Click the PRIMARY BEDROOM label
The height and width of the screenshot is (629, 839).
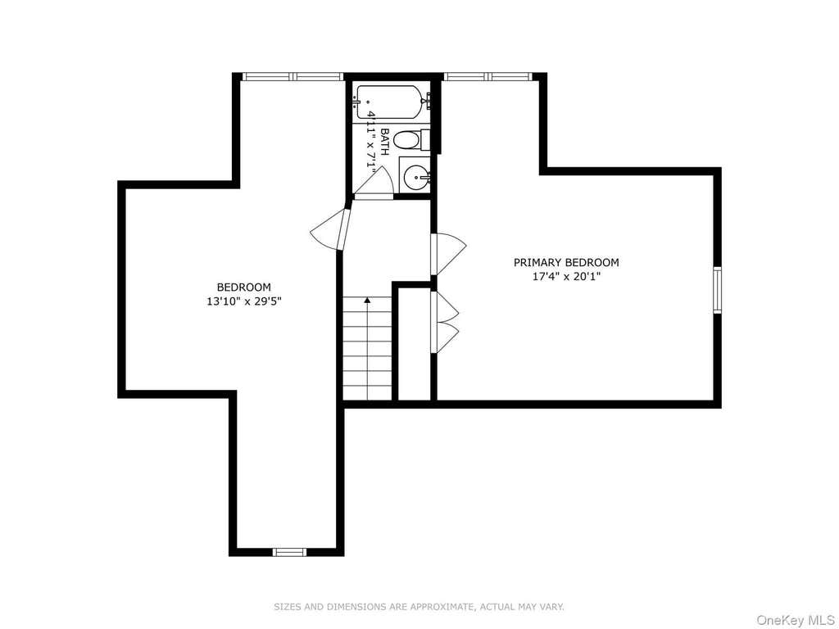click(x=566, y=263)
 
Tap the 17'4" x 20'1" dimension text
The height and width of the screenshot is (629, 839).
click(x=566, y=277)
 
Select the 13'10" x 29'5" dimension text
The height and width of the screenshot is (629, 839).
click(x=244, y=301)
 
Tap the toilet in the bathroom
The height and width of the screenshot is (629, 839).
click(x=412, y=140)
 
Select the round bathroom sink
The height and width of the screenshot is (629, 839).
click(x=416, y=177)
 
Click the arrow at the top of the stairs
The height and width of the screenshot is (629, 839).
click(x=367, y=301)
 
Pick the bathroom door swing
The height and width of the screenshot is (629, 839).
click(x=374, y=183)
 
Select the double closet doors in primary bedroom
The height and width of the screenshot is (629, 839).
click(x=445, y=322)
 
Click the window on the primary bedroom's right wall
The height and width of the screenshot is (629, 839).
click(x=718, y=290)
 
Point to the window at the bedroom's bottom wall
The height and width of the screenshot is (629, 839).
click(x=289, y=553)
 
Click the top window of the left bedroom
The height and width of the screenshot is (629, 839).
click(x=293, y=76)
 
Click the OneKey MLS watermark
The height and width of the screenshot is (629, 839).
click(x=795, y=620)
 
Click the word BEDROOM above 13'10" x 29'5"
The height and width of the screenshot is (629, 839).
click(x=243, y=287)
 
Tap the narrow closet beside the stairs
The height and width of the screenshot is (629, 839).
click(x=414, y=343)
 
